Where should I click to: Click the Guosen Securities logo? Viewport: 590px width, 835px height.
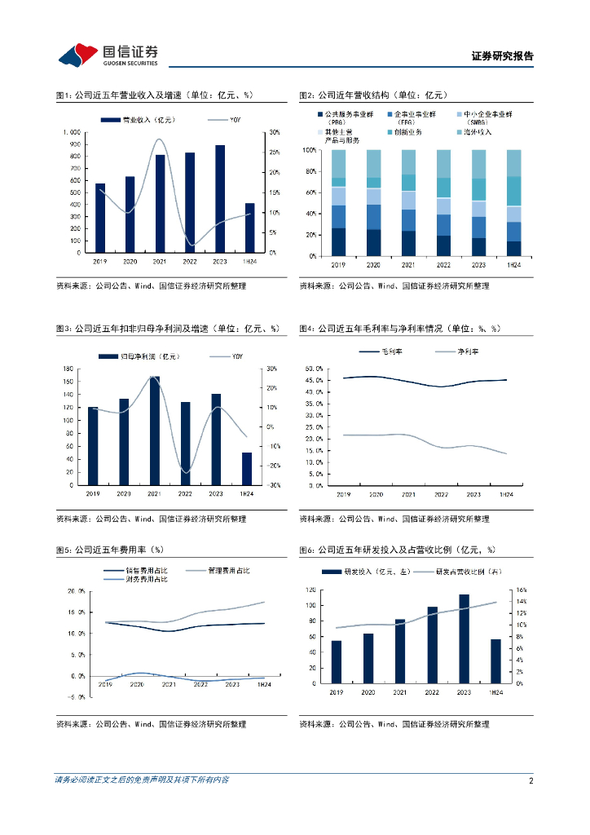click(108, 55)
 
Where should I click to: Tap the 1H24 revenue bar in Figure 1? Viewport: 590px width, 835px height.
click(250, 228)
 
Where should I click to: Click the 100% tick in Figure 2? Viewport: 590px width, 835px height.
click(309, 151)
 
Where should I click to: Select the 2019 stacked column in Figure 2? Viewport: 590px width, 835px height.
click(338, 202)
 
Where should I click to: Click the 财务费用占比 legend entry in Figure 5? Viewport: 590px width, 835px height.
click(136, 580)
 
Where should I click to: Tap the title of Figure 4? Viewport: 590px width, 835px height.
click(399, 329)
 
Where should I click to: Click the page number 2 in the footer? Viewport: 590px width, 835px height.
click(531, 780)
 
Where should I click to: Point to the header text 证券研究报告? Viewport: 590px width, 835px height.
click(503, 57)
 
